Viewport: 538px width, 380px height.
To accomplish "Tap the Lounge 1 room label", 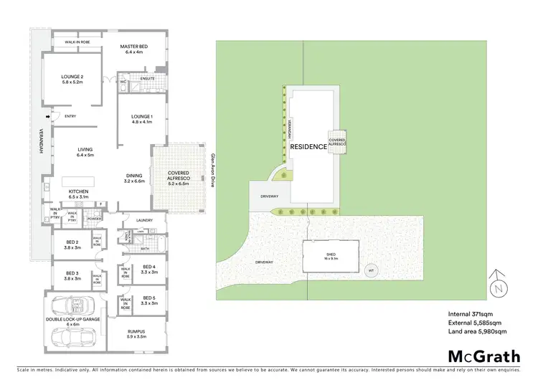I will tap(143, 118).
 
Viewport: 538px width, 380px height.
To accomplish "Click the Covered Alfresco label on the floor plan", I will tap(178, 177).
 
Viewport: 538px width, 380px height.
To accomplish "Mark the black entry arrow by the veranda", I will tap(47, 117).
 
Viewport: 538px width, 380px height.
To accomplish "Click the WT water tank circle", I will tap(371, 270).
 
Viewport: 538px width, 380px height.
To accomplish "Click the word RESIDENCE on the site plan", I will tap(308, 147).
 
